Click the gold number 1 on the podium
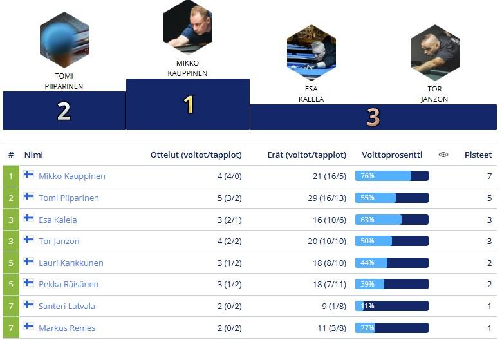click(189, 104)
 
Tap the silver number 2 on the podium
click(64, 111)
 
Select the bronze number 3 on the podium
click(373, 117)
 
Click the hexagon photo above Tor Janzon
click(435, 53)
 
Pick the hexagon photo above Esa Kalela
click(311, 53)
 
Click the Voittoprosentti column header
click(392, 155)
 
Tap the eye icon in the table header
click(443, 155)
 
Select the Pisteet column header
click(478, 155)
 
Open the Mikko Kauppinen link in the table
click(72, 176)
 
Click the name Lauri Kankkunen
click(71, 263)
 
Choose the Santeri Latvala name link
click(67, 306)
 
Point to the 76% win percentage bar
click(391, 176)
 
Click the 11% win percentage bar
click(391, 306)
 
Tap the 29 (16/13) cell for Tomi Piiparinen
click(327, 198)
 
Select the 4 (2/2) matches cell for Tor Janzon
click(229, 241)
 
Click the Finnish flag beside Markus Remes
click(29, 327)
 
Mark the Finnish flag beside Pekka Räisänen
click(29, 283)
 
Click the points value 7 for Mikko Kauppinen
click(489, 176)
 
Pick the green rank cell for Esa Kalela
click(11, 220)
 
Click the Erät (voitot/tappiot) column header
click(307, 155)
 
